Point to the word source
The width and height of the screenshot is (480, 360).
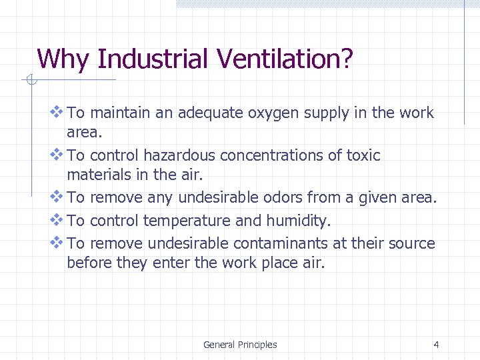pyautogui.click(x=412, y=244)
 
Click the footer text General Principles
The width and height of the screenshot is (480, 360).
pyautogui.click(x=240, y=345)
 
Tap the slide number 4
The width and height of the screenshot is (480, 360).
pyautogui.click(x=436, y=345)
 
